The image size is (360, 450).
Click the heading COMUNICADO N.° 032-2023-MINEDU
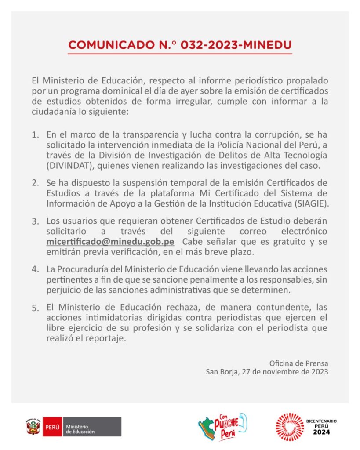(180, 45)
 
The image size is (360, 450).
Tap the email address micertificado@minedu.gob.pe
(110, 242)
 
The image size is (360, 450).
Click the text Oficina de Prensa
(298, 363)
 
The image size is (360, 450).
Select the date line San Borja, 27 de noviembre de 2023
(267, 372)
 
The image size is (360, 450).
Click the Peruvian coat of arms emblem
(33, 426)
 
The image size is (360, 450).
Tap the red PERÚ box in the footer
(52, 427)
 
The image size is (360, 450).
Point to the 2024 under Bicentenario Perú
(321, 432)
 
